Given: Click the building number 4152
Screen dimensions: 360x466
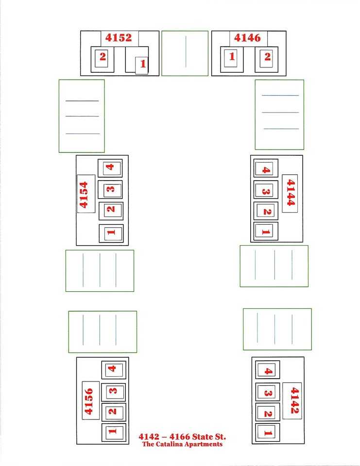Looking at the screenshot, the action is point(119,37).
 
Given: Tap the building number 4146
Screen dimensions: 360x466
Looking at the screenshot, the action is point(247,37).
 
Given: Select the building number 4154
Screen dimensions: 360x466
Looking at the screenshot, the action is point(84,195).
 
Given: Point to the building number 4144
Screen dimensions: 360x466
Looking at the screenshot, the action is point(291,193).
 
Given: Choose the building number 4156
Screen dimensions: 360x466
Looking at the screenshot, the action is point(88,401).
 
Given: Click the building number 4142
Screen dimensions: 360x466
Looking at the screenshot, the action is point(294,400).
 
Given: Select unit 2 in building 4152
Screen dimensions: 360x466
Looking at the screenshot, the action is point(103,56).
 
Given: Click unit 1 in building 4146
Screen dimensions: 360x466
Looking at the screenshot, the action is point(232,56).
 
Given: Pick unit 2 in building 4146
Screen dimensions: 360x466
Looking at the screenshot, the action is point(268,56).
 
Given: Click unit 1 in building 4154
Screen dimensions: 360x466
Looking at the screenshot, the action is point(111,233).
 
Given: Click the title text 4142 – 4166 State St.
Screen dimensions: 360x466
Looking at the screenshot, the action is point(182,436).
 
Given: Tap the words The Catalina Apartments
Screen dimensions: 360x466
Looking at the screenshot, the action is point(182,444).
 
